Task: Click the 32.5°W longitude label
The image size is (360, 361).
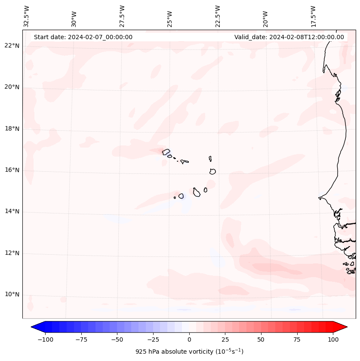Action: click(27, 16)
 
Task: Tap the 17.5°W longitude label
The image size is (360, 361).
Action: click(313, 16)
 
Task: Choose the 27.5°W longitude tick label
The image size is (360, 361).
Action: click(122, 16)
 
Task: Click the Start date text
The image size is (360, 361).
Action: click(83, 37)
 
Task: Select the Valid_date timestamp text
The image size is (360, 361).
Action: click(289, 37)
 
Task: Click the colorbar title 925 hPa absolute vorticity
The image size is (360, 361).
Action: click(189, 352)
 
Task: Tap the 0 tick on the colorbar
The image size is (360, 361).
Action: click(189, 339)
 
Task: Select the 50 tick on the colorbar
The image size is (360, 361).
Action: click(261, 339)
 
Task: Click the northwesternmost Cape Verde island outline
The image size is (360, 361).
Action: click(166, 151)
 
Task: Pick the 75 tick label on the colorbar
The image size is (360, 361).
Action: click(297, 339)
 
